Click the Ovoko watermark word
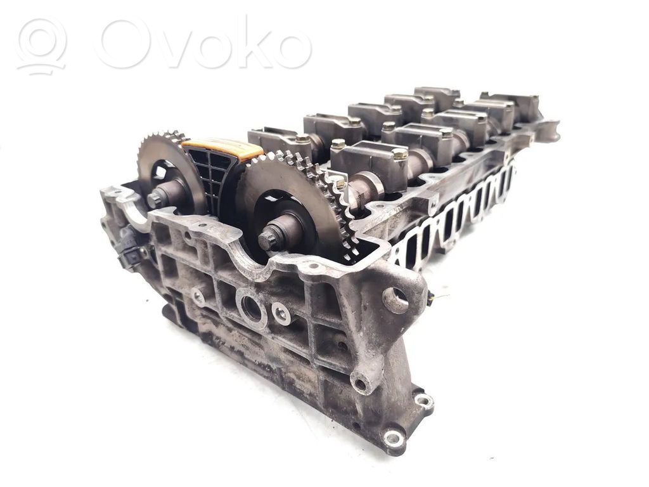[203, 44]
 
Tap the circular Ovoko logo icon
[41, 46]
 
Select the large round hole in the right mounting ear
[395, 299]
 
